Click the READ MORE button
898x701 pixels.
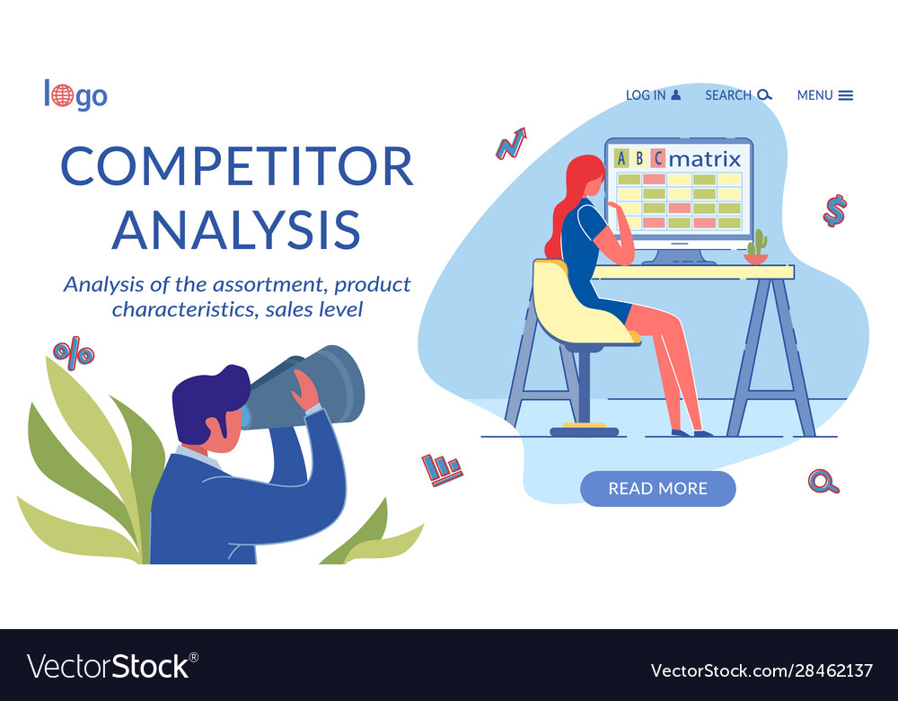click(657, 489)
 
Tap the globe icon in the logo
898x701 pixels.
click(63, 95)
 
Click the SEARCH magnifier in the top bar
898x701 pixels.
click(764, 94)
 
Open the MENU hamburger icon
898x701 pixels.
click(845, 95)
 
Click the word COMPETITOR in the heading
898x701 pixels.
click(236, 165)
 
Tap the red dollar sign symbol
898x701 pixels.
click(835, 210)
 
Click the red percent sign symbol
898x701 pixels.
click(74, 352)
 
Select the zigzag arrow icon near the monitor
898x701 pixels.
click(511, 144)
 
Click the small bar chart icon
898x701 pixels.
click(442, 468)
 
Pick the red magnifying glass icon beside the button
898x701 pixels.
click(823, 482)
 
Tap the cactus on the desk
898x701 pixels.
click(757, 244)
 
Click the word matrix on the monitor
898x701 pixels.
click(706, 159)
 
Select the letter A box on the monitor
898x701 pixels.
click(621, 159)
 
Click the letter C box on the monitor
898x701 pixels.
click(658, 159)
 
